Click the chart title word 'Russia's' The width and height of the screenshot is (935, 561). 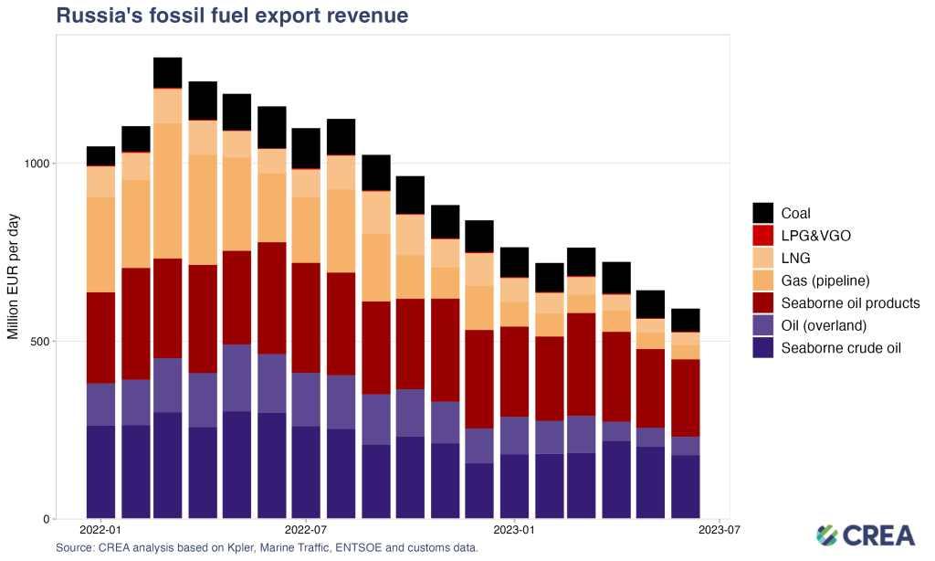click(97, 16)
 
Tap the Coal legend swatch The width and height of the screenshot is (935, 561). click(763, 213)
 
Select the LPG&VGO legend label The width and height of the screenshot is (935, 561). click(815, 236)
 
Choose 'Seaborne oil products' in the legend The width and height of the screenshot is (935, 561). click(850, 302)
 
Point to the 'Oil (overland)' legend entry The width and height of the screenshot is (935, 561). click(829, 325)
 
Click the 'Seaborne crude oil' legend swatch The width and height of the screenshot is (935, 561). click(763, 347)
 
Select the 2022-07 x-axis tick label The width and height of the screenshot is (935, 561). click(308, 530)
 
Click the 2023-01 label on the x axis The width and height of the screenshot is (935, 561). click(514, 530)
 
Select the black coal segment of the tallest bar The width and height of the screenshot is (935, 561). click(167, 73)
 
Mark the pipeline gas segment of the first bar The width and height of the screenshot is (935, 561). click(100, 244)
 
